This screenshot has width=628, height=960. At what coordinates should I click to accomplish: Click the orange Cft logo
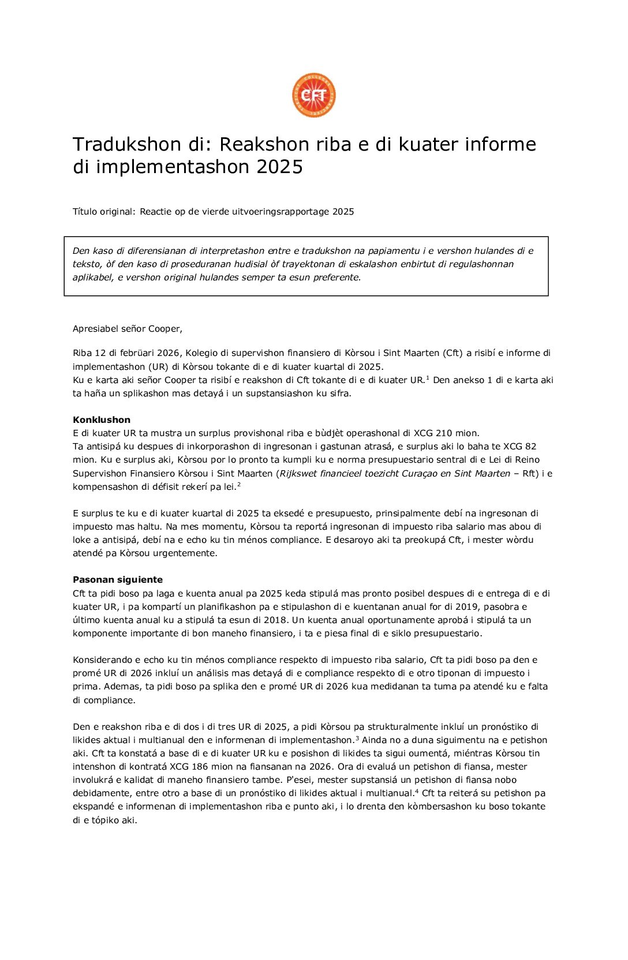(313, 96)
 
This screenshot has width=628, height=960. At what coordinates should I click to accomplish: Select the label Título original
(104, 212)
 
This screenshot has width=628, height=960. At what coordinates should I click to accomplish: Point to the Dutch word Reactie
(156, 212)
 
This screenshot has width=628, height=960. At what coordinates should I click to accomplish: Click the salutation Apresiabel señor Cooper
(127, 329)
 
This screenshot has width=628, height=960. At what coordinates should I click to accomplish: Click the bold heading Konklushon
(102, 420)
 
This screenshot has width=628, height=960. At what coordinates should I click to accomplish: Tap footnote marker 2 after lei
(239, 485)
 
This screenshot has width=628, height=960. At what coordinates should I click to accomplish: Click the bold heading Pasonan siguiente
(118, 580)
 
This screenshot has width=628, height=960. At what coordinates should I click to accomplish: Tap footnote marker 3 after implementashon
(357, 738)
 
